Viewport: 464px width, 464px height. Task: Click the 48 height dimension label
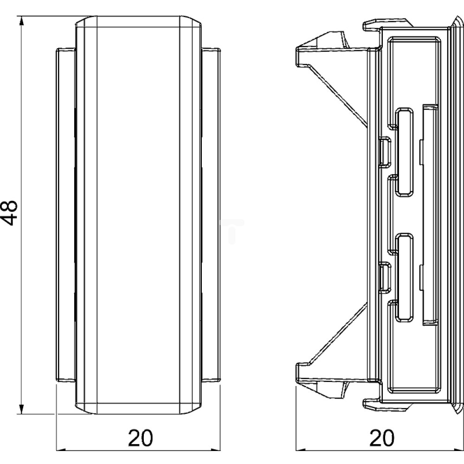[9, 213]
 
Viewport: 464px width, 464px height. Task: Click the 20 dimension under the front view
[140, 438]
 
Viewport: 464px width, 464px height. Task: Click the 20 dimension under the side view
[382, 438]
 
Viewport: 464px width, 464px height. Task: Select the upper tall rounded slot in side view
[405, 152]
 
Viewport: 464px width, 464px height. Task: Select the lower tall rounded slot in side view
[405, 277]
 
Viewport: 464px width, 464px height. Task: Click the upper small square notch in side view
[385, 151]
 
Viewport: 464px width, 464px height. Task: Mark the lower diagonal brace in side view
[337, 335]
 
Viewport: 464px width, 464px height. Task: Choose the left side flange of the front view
[65, 214]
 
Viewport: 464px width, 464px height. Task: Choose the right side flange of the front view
[211, 214]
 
